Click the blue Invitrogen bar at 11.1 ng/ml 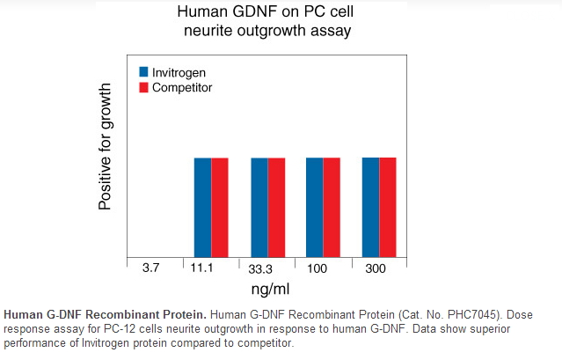[203, 207]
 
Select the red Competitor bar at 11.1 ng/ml [220, 207]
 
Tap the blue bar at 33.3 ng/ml [259, 207]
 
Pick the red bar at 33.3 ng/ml [276, 207]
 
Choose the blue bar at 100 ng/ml [315, 207]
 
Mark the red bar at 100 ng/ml [332, 207]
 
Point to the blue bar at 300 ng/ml [371, 207]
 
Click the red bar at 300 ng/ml [388, 207]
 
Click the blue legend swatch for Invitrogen [143, 71]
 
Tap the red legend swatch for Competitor [143, 87]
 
